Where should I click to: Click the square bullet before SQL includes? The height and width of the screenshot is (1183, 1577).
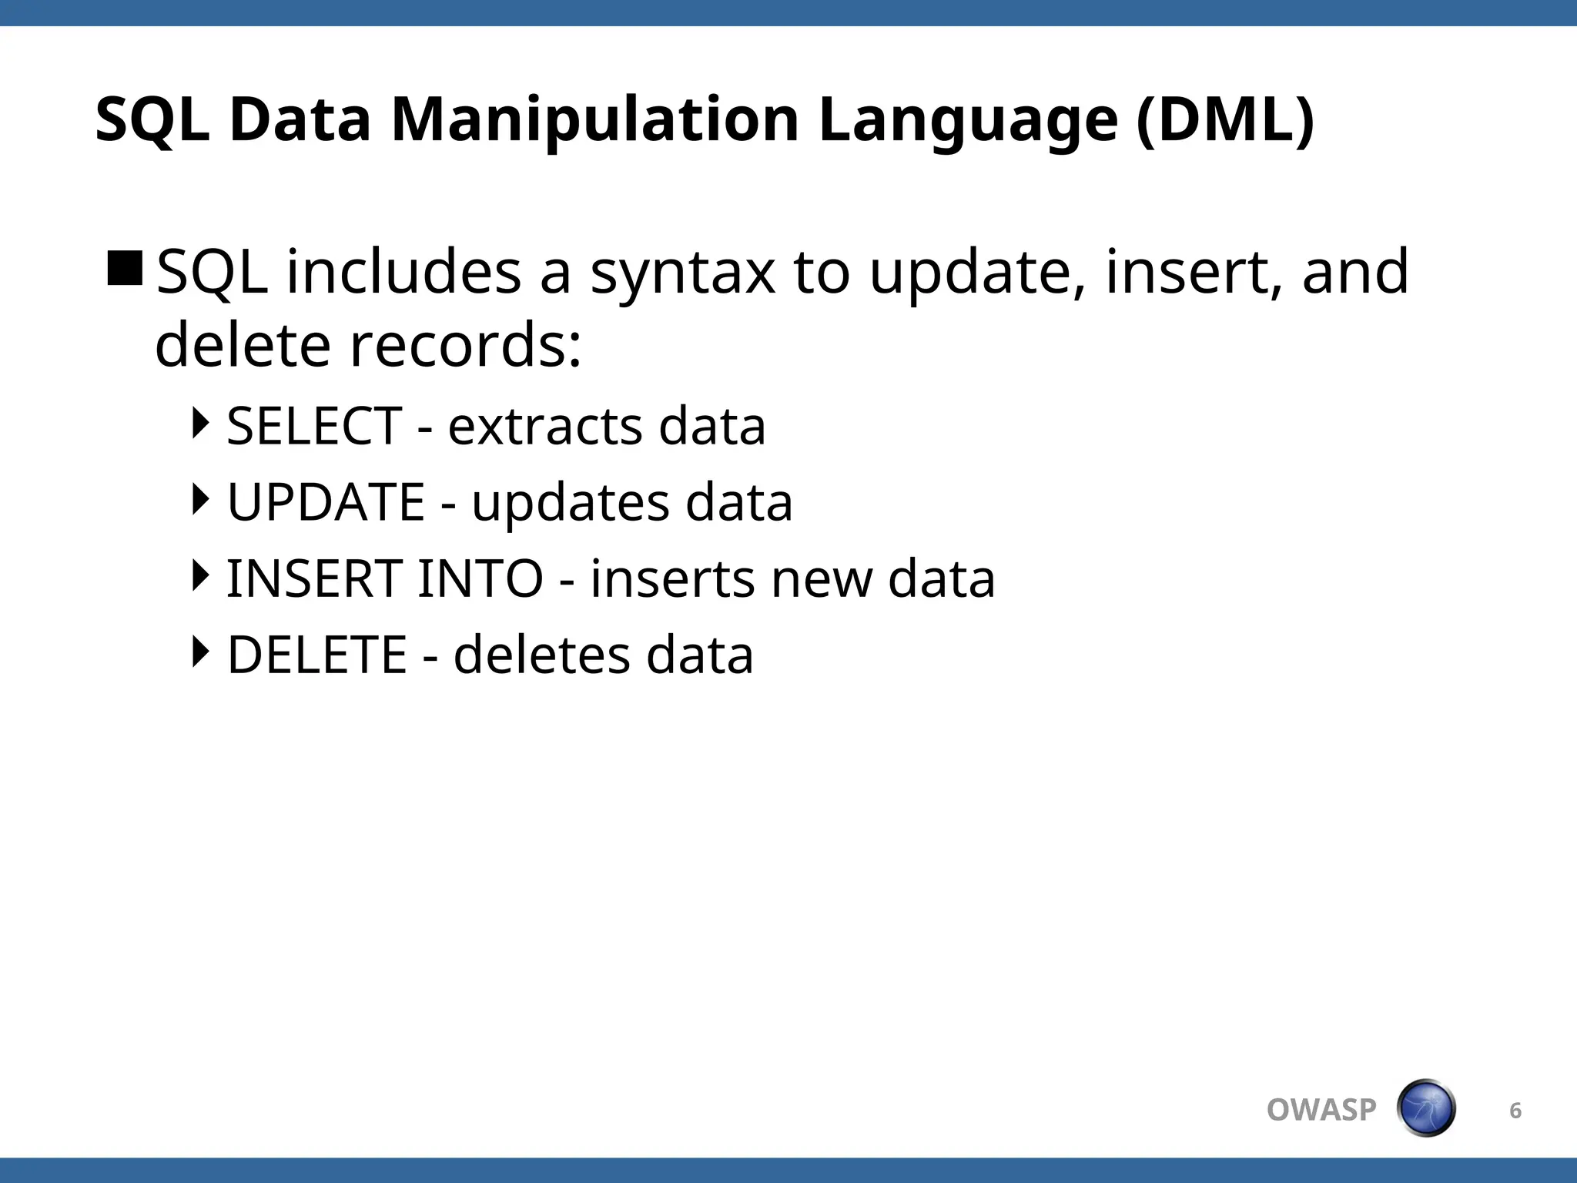click(x=125, y=268)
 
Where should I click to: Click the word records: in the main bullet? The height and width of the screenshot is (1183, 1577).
click(x=466, y=345)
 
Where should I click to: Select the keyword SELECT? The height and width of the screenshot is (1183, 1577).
click(x=314, y=426)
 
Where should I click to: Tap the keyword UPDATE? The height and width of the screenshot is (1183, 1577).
click(x=326, y=502)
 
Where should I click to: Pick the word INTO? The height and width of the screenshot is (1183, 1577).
click(x=480, y=578)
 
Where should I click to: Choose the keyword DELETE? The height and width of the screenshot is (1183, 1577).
click(x=316, y=655)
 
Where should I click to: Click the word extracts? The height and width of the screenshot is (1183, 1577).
click(x=544, y=426)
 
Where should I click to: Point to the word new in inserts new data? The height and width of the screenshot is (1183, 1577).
click(x=821, y=578)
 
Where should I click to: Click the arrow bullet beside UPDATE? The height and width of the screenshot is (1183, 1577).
click(x=200, y=499)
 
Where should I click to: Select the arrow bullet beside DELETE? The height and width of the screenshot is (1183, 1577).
click(x=200, y=652)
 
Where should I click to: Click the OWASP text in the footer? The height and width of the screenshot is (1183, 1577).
click(x=1321, y=1110)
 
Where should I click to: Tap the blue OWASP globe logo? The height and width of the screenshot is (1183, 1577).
click(x=1425, y=1108)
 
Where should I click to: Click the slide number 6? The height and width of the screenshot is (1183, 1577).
click(x=1515, y=1110)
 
